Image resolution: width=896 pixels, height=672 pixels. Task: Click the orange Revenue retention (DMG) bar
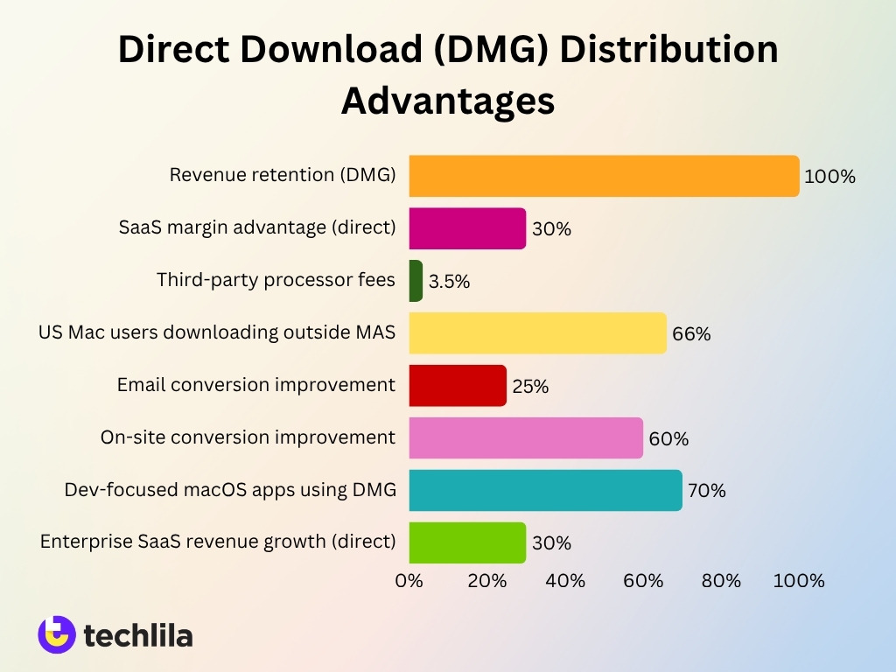point(604,176)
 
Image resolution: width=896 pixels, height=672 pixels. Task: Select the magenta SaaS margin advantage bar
point(467,228)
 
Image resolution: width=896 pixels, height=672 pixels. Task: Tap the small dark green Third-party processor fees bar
point(416,281)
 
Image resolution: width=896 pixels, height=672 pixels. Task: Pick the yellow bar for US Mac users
point(537,333)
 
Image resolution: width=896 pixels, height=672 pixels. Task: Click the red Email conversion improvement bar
point(458,386)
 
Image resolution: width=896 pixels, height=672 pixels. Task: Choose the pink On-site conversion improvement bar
point(526,437)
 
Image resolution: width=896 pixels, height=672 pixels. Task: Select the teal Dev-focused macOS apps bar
point(545,490)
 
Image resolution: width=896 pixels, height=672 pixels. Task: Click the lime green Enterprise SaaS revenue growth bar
point(467,542)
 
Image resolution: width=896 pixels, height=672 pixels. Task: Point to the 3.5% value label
point(450,282)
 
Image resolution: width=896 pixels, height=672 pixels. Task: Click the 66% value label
point(691,334)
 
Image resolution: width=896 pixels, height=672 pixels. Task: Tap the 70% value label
point(707,491)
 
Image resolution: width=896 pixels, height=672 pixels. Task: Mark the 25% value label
point(530,387)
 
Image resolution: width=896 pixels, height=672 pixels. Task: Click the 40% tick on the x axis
point(565,581)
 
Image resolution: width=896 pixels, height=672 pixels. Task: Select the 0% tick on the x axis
point(409,581)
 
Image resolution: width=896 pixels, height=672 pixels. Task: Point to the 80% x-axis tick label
point(721,581)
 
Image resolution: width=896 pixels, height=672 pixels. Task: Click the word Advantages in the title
point(448,101)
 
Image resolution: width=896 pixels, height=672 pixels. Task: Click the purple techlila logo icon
point(57,634)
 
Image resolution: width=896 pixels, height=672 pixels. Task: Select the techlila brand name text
point(138,635)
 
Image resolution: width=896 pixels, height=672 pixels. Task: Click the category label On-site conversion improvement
point(248,437)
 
